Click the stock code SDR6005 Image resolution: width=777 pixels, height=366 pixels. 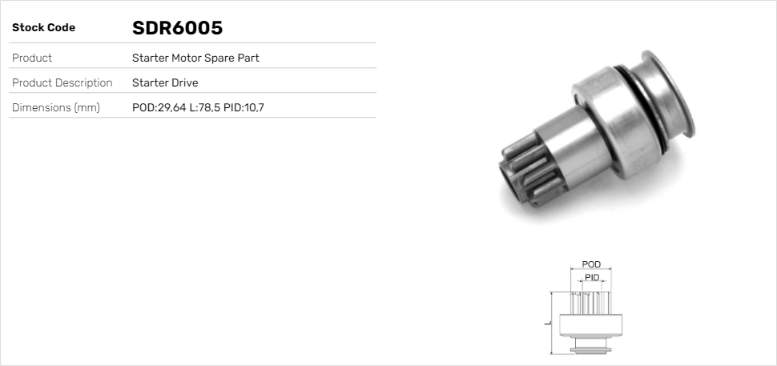click(x=177, y=28)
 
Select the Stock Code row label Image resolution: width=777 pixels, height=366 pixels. click(x=43, y=28)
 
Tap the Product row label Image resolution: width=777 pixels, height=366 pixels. click(x=32, y=58)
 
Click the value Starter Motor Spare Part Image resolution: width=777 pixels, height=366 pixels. click(x=195, y=58)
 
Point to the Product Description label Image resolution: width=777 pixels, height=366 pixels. click(x=62, y=82)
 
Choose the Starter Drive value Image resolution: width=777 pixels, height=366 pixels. click(x=165, y=82)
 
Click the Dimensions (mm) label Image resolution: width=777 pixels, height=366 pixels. click(x=55, y=107)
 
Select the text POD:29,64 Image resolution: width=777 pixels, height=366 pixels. click(x=159, y=107)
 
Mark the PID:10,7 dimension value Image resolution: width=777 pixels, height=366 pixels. click(x=244, y=107)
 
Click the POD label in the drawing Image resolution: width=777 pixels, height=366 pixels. click(x=591, y=264)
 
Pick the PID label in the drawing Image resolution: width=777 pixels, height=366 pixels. click(x=592, y=277)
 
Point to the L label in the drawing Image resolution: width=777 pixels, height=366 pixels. click(x=546, y=323)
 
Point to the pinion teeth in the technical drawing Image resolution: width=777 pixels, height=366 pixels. click(x=591, y=303)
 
